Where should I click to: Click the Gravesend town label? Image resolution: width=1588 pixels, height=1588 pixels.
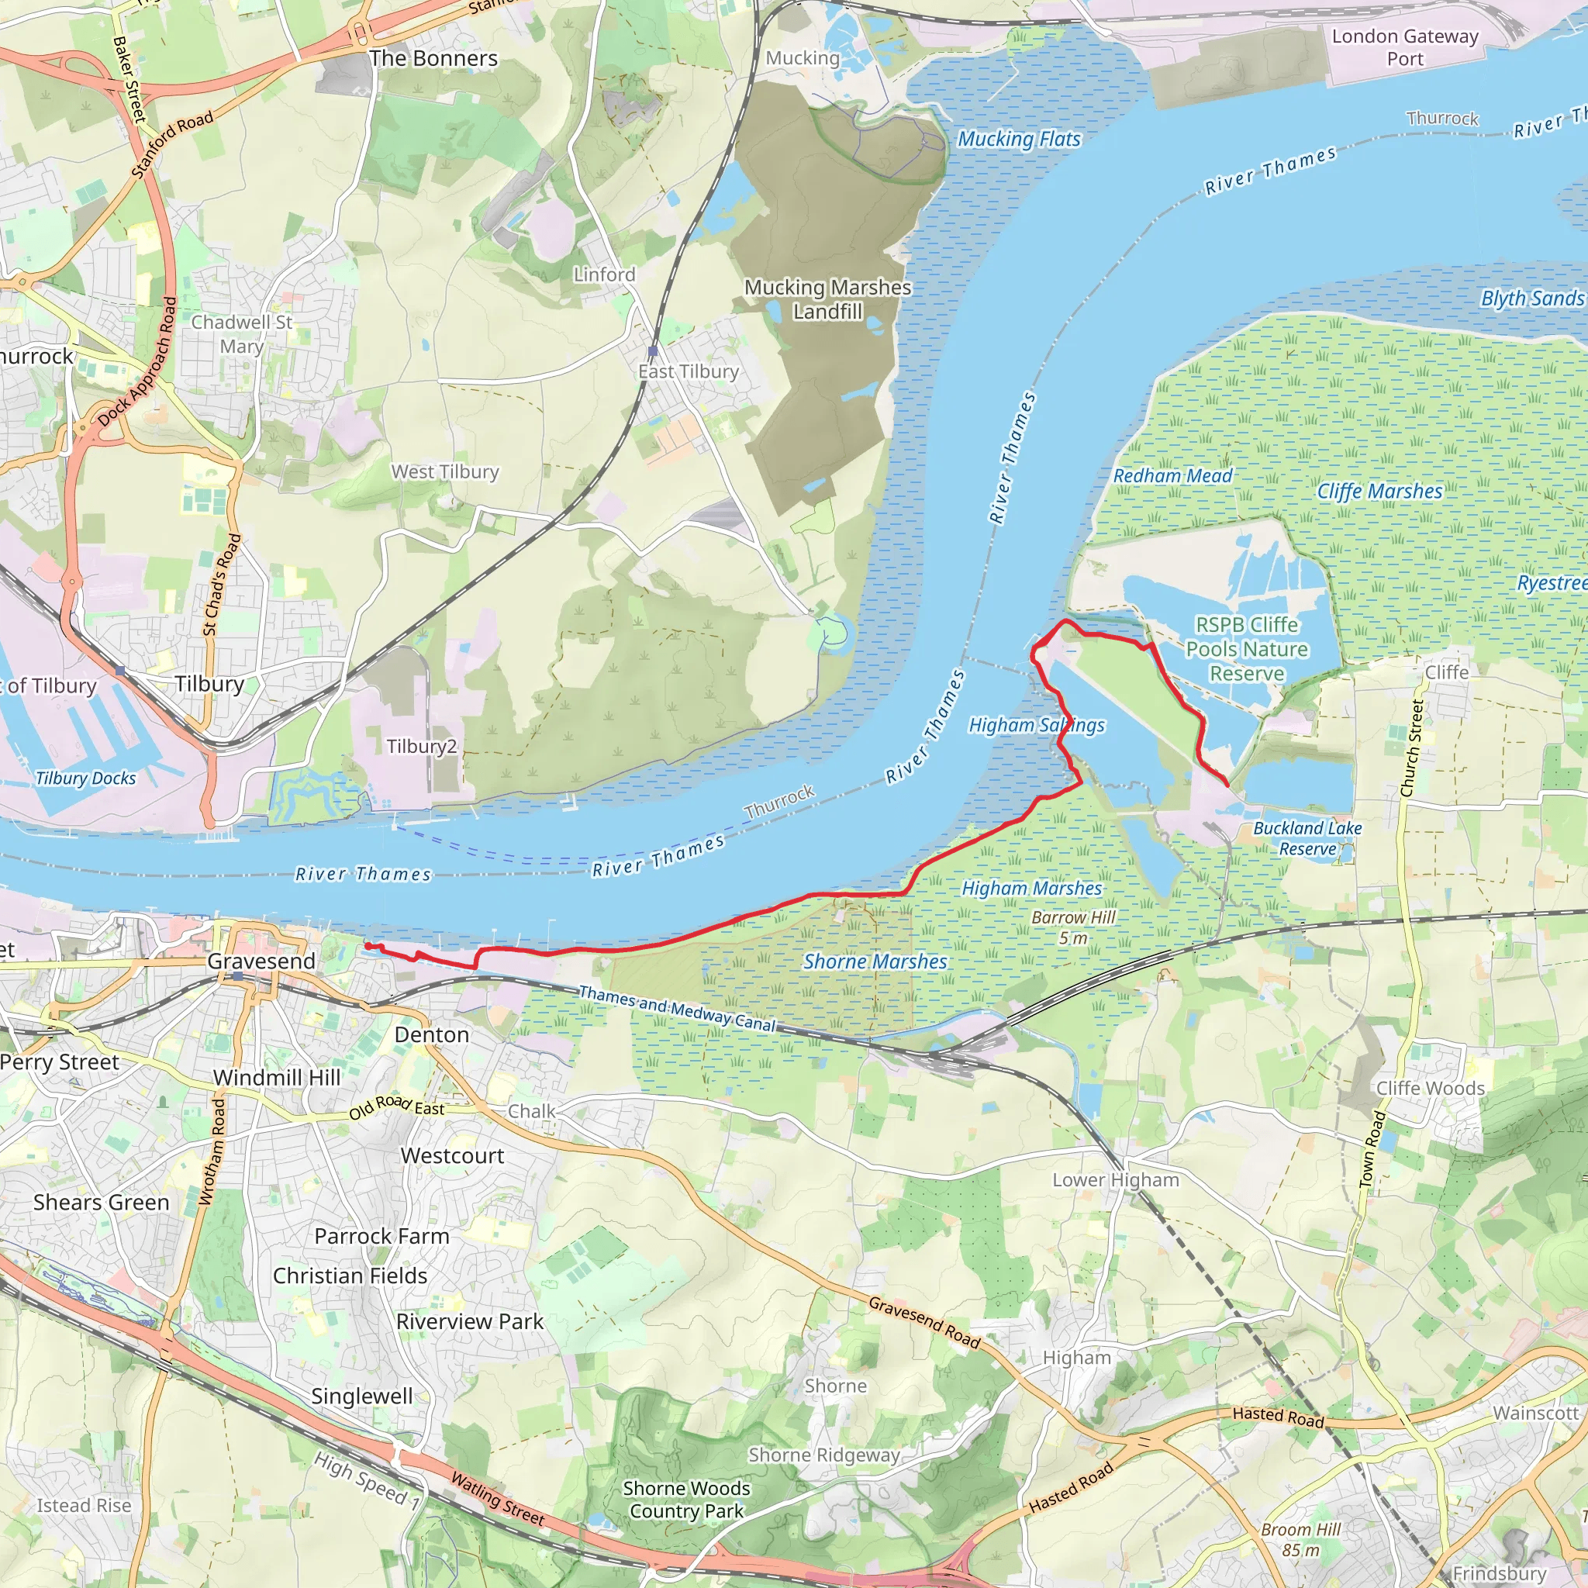261,961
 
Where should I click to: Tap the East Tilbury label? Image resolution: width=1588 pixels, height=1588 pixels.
688,371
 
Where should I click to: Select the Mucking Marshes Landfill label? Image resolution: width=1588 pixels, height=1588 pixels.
827,299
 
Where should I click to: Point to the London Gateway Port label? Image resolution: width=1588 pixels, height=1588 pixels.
1405,47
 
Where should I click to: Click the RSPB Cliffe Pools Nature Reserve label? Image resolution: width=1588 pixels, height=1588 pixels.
1246,649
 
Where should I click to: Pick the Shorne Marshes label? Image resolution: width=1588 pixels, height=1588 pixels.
875,961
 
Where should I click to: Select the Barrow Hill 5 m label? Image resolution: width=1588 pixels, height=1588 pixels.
1073,927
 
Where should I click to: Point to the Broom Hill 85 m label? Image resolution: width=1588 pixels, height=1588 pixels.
1300,1539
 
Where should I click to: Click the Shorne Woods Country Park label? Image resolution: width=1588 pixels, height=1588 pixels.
685,1500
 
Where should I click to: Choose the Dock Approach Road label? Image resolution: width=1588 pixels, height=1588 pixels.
137,362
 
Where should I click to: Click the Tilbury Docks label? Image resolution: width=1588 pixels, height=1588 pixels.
85,778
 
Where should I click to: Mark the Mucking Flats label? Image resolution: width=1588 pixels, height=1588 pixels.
1018,140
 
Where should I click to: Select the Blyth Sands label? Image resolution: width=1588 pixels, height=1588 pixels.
1531,299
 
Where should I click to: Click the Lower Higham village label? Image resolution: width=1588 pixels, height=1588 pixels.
1115,1180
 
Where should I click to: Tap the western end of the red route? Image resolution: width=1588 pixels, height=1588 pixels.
367,946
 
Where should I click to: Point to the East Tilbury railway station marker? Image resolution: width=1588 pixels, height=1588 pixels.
653,351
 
